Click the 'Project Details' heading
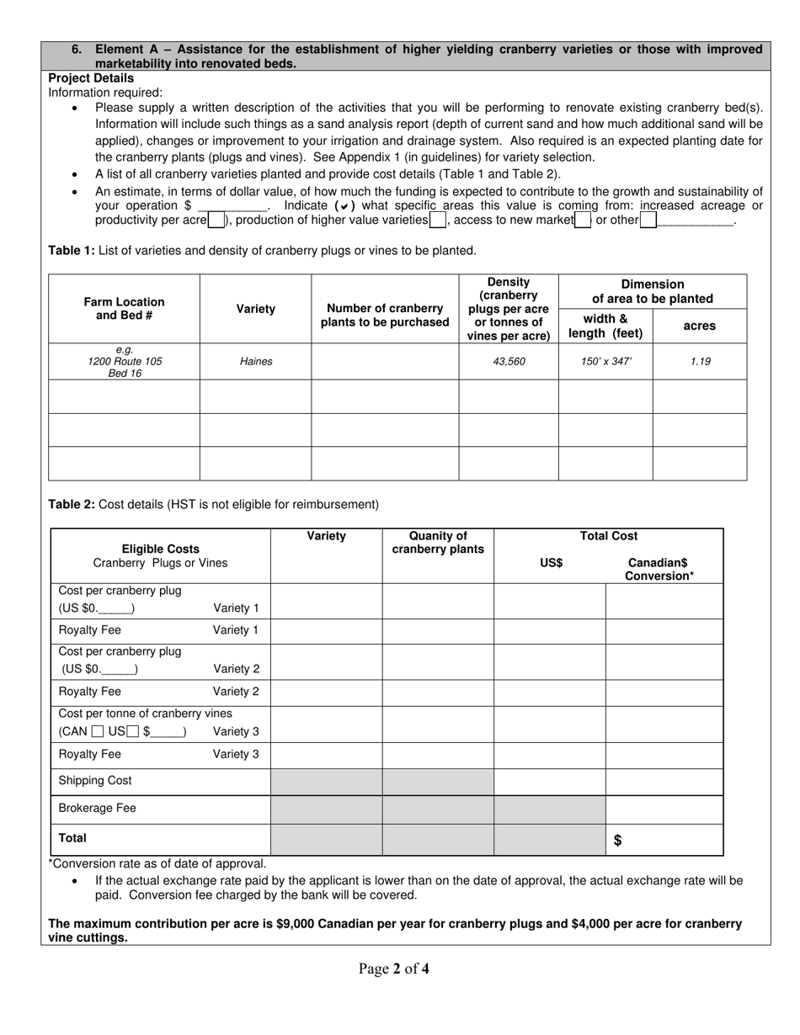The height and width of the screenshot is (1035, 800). (x=91, y=78)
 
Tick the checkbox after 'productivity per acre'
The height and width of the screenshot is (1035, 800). (x=216, y=220)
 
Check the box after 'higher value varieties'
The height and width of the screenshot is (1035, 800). (x=438, y=220)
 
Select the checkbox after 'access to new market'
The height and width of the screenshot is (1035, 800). (x=583, y=220)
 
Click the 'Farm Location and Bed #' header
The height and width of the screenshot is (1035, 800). (x=124, y=309)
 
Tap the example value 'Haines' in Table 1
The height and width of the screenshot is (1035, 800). (x=256, y=362)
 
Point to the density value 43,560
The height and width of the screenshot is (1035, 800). (x=509, y=362)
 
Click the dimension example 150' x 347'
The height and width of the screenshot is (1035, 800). (x=605, y=362)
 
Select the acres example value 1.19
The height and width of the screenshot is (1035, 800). (x=700, y=362)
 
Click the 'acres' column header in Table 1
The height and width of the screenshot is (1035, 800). (x=700, y=326)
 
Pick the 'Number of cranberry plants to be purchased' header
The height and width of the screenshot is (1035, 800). (x=385, y=316)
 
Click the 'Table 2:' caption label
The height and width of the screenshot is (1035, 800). (x=72, y=505)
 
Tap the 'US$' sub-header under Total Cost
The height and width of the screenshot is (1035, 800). (x=551, y=564)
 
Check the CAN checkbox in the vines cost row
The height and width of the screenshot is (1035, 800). (x=98, y=732)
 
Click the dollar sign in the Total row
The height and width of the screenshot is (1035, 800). (x=618, y=840)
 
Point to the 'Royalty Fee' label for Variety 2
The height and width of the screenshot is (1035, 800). (x=89, y=692)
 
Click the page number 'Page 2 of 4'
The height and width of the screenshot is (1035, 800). (x=394, y=969)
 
